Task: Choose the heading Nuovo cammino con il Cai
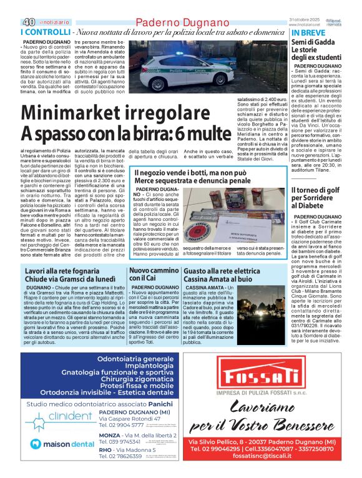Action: coord(148,275)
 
